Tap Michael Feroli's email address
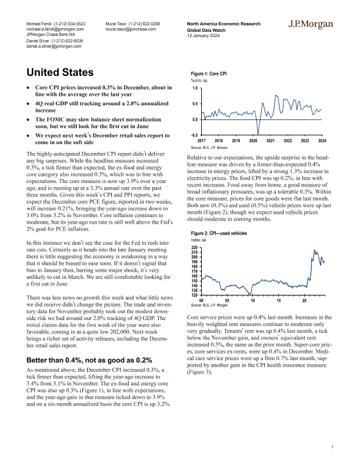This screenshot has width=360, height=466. tap(55, 28)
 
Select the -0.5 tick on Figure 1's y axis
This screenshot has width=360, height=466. tap(195, 135)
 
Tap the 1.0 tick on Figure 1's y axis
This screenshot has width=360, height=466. tap(195, 88)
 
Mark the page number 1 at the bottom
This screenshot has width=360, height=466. tap(332, 448)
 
